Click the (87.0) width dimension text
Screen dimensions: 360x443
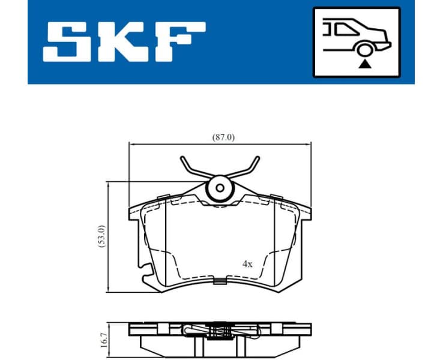[223, 137]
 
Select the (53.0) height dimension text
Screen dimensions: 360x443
[101, 236]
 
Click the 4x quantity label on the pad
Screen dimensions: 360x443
[247, 263]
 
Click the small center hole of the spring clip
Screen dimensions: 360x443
[220, 188]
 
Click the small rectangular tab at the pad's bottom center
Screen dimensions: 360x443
[220, 280]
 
